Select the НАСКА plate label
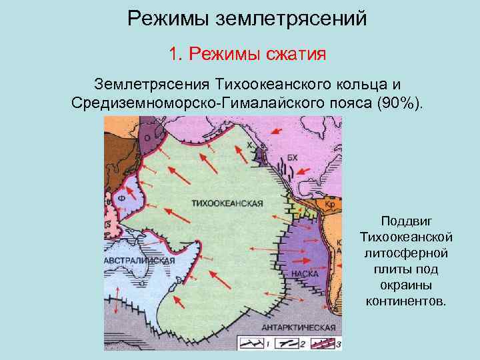305,274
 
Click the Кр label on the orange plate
330,203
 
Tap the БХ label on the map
293,157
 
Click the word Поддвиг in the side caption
407,221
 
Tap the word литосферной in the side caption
407,253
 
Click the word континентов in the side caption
407,301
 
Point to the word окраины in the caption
407,285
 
